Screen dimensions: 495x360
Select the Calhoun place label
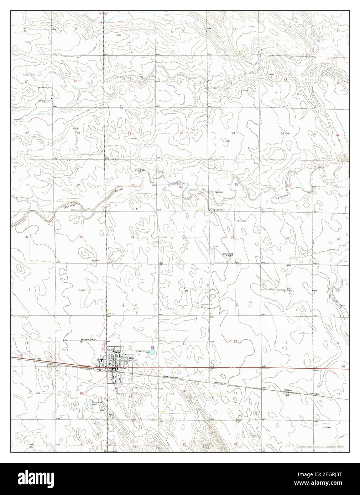[288, 390]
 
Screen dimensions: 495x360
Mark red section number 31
[286, 238]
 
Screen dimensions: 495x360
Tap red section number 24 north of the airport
[233, 133]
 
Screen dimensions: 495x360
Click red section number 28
[79, 185]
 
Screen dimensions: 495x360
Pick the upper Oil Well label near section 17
[42, 87]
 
